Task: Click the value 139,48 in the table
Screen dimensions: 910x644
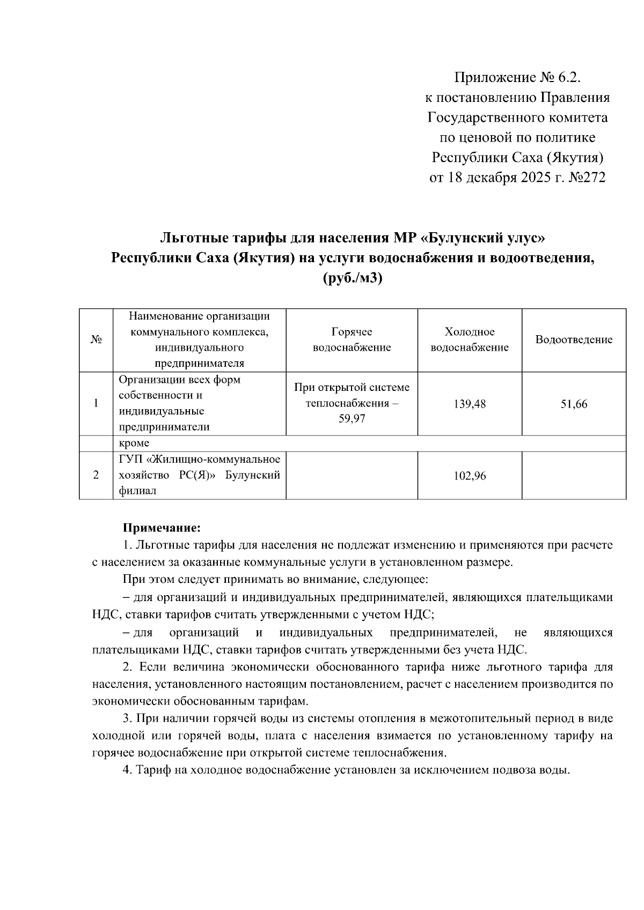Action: [470, 404]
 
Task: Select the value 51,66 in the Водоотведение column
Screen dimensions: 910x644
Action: [574, 404]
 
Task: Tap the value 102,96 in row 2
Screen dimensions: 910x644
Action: [470, 476]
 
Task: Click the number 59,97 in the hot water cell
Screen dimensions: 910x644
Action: [352, 419]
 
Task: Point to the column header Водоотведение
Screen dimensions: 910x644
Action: [574, 340]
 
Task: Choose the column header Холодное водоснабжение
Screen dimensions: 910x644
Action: [470, 340]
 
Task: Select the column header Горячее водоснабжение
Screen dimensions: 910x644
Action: [352, 340]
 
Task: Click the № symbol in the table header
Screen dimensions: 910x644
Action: [96, 340]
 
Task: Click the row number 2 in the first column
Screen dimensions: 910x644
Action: [96, 475]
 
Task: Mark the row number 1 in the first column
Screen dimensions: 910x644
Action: [96, 403]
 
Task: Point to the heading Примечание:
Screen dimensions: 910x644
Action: [162, 528]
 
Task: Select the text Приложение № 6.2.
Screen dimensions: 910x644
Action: [518, 78]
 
